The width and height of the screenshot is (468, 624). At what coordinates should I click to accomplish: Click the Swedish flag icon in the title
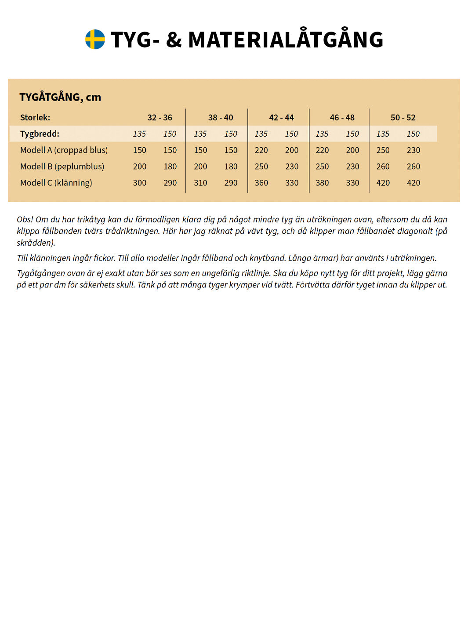click(x=95, y=40)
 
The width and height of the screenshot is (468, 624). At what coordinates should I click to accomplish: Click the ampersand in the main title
click(x=174, y=40)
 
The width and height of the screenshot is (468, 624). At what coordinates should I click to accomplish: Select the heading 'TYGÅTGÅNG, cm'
click(x=60, y=97)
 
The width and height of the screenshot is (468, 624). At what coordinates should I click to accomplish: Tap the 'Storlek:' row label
click(x=35, y=117)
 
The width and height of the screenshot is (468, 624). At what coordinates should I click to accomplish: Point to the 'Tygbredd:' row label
click(x=40, y=134)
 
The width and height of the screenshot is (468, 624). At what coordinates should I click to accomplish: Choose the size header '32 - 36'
click(x=160, y=117)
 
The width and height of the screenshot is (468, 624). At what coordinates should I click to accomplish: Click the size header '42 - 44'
click(x=281, y=117)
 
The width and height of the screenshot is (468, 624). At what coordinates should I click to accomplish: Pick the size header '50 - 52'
click(x=403, y=117)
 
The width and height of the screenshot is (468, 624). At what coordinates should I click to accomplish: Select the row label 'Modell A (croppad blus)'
click(x=64, y=150)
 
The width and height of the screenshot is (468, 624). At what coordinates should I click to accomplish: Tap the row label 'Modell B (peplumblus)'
click(x=62, y=166)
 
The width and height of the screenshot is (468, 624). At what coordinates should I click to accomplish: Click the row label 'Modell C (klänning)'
click(x=56, y=182)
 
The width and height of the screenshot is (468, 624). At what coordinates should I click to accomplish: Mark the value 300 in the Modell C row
click(x=140, y=182)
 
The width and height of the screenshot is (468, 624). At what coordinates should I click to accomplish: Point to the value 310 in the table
click(x=200, y=182)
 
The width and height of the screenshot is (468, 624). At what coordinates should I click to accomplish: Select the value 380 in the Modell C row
click(x=322, y=182)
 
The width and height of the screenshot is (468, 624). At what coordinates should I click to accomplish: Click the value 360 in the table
click(x=261, y=182)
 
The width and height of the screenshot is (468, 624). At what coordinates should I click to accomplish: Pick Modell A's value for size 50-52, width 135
click(x=383, y=150)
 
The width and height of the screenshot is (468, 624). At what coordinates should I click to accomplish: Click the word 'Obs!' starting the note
click(x=25, y=219)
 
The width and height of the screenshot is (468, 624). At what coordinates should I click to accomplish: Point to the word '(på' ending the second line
click(x=441, y=231)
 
